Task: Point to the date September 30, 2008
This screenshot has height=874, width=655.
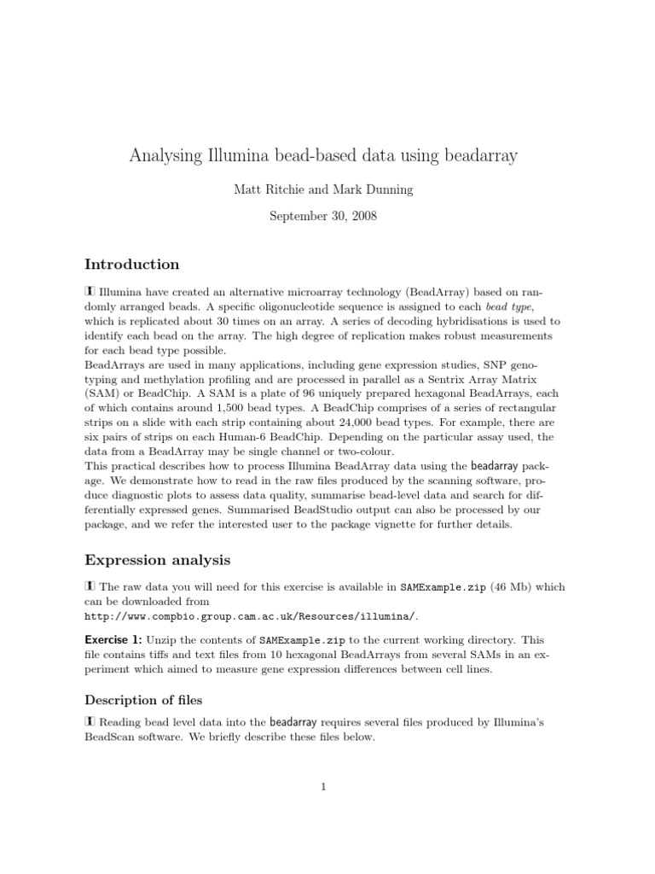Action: pyautogui.click(x=323, y=216)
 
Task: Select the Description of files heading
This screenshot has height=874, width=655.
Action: pyautogui.click(x=142, y=700)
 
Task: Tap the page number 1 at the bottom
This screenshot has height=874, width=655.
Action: pyautogui.click(x=324, y=786)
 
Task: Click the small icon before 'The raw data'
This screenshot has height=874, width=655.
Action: pyautogui.click(x=90, y=587)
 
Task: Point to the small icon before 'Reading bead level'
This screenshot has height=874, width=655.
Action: pyautogui.click(x=90, y=722)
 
